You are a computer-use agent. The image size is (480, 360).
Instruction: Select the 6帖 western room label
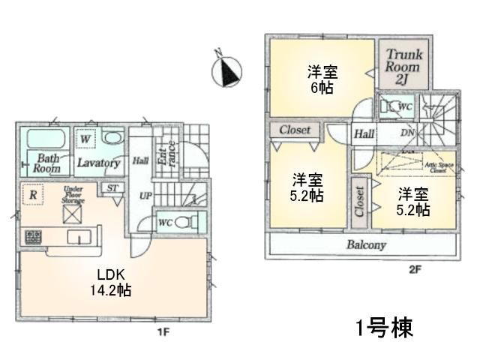point(322,79)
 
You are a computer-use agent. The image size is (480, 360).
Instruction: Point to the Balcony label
point(366,245)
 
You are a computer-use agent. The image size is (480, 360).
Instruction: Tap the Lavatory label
point(98,163)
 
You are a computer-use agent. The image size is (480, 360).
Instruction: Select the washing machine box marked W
point(85,139)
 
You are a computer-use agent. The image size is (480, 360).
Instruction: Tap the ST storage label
point(112,187)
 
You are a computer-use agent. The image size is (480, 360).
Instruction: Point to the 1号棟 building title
point(382,328)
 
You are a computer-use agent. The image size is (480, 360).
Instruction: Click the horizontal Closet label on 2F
point(295,130)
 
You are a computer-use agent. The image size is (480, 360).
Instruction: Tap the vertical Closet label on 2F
point(359,202)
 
